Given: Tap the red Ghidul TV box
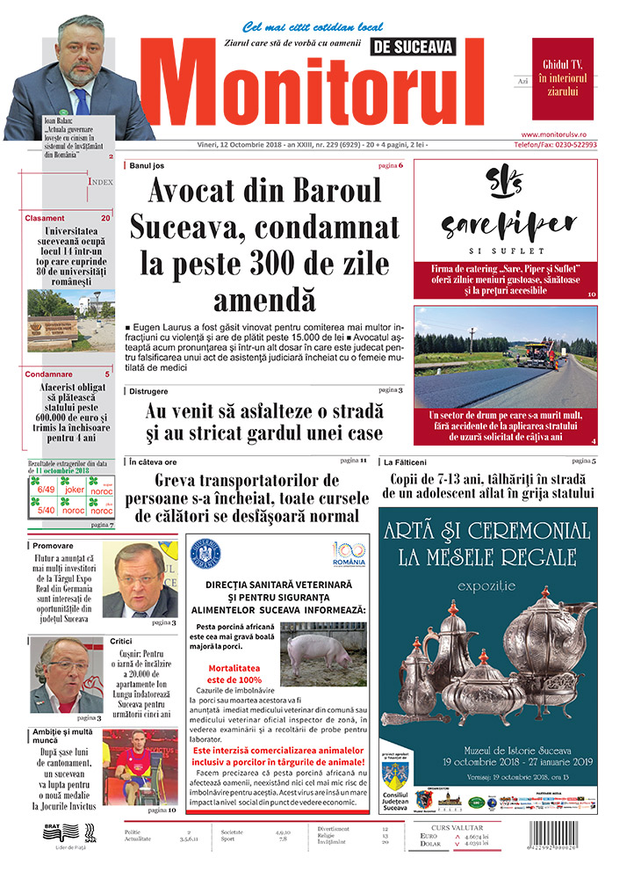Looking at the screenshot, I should (562, 78).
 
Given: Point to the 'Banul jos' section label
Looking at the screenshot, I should (146, 165).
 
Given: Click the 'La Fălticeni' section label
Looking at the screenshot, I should (405, 461).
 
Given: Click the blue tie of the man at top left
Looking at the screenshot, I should (81, 98).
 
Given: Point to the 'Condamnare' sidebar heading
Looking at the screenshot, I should (50, 374).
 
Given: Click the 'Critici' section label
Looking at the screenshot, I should (121, 641).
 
